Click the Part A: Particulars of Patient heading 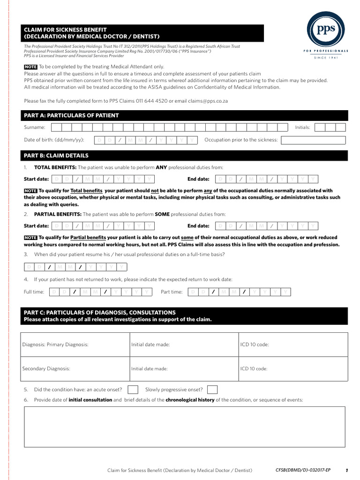pos(71,116)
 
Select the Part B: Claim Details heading pos(56,156)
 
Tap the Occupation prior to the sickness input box pos(313,140)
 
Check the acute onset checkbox pos(133,390)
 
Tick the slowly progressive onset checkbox pos(212,390)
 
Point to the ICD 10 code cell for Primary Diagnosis pos(293,345)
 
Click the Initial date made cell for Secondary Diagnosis pos(183,369)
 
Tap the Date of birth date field pos(146,140)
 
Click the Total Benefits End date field pos(267,179)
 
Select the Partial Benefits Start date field pos(103,226)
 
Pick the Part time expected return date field pos(239,292)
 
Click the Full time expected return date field pos(101,292)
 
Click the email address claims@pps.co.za pos(206,101)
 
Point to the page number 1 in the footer pos(346,470)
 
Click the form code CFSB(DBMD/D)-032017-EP pos(303,470)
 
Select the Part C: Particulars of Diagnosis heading pos(99,312)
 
